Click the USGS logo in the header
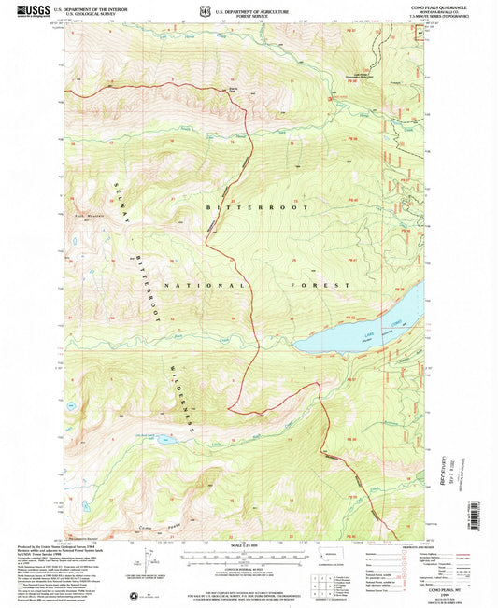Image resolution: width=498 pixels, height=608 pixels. (29, 10)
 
